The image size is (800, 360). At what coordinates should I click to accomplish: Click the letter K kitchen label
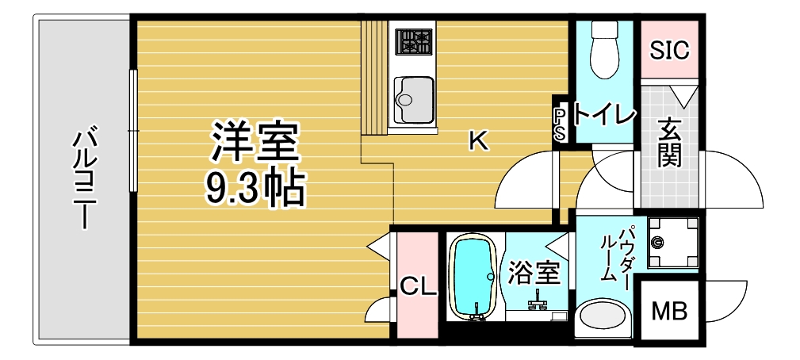479,140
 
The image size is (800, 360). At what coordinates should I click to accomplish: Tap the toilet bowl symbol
605,50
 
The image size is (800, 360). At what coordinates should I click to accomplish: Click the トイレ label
605,116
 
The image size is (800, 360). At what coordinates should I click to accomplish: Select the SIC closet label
669,50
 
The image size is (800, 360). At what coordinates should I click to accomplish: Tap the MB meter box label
670,311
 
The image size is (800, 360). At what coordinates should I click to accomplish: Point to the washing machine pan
673,243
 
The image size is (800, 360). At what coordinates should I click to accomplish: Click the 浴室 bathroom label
534,274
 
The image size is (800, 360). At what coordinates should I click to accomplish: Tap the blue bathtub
474,278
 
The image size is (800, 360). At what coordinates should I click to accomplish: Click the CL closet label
418,288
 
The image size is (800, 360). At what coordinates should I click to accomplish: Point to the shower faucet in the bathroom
537,301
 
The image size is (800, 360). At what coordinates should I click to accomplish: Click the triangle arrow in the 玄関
683,95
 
